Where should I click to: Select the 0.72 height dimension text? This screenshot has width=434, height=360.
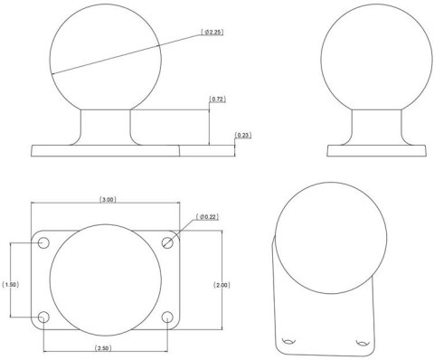[x=217, y=98]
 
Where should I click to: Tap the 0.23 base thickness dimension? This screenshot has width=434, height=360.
[x=242, y=136]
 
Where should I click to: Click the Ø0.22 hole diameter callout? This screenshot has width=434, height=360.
[x=209, y=217]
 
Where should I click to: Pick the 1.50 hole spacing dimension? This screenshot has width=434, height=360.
[x=11, y=284]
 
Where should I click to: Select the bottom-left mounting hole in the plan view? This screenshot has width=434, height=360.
[x=43, y=317]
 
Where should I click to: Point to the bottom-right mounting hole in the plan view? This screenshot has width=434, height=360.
[x=167, y=317]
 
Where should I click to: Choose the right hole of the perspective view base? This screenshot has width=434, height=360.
[x=363, y=342]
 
